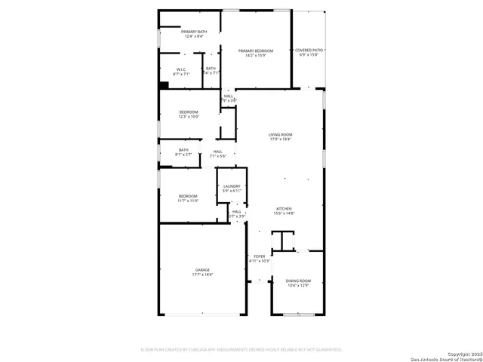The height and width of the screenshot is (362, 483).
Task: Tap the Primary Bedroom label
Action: click(256, 51)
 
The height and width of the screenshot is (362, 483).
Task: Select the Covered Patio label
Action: click(309, 50)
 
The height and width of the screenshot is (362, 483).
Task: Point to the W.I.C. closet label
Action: click(181, 69)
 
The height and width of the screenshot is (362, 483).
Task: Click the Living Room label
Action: click(280, 134)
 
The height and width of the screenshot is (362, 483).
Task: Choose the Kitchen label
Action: click(284, 209)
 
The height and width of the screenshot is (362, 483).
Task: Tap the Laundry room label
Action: click(232, 186)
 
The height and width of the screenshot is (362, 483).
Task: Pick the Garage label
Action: click(202, 269)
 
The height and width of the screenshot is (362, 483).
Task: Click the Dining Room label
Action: click(298, 281)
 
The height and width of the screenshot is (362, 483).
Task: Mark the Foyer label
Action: click(259, 256)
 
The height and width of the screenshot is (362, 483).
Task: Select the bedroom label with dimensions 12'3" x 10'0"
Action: click(188, 112)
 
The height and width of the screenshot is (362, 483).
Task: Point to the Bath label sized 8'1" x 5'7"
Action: click(184, 150)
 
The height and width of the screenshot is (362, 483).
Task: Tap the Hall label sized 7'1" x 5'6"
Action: click(217, 152)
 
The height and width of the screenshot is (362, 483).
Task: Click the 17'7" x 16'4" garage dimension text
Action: click(202, 275)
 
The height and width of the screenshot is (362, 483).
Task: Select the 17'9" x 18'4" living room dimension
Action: click(280, 140)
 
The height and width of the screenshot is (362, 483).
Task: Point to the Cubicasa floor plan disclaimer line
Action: click(241, 349)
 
